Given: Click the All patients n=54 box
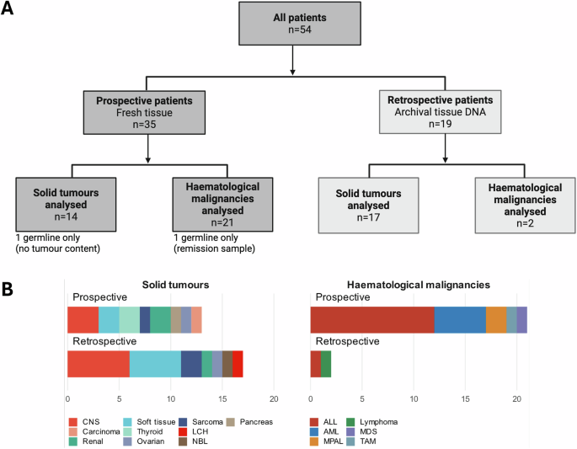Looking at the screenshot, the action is tap(300, 24).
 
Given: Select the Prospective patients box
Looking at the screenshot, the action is tap(144, 113).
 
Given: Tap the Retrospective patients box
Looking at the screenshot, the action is tap(440, 112).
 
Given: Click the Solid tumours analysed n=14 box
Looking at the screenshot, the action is tap(66, 205).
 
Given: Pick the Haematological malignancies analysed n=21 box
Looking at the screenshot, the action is tap(222, 205).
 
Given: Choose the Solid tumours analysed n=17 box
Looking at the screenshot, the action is tap(368, 206).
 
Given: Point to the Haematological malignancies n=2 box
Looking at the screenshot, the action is tap(525, 206).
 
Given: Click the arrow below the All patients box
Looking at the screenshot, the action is tap(292, 60).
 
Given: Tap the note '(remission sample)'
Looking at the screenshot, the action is tap(214, 249).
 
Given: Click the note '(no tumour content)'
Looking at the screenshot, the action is tap(58, 249).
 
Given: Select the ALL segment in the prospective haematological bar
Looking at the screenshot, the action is tap(372, 320).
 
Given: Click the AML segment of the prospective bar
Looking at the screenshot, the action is tap(461, 320).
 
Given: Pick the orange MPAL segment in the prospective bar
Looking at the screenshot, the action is tap(496, 320).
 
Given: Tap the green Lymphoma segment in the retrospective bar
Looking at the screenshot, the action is tap(326, 364).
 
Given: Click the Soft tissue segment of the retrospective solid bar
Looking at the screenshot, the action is tap(155, 364).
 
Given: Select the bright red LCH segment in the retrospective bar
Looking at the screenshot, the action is tap(238, 364).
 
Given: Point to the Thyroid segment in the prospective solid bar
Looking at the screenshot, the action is tap(130, 320).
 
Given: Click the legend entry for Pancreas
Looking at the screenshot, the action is tap(250, 422).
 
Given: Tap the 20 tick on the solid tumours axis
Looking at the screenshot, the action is tap(274, 399).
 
